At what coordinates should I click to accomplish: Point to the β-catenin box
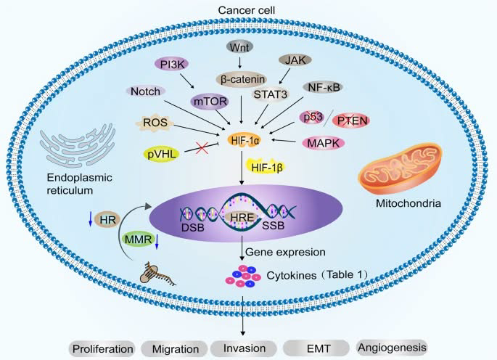pyautogui.click(x=241, y=78)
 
